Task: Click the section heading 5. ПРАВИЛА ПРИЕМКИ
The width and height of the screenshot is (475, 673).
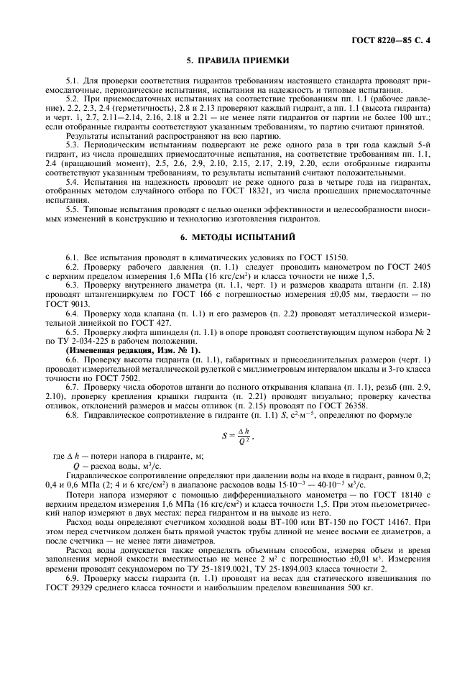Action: (238, 61)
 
